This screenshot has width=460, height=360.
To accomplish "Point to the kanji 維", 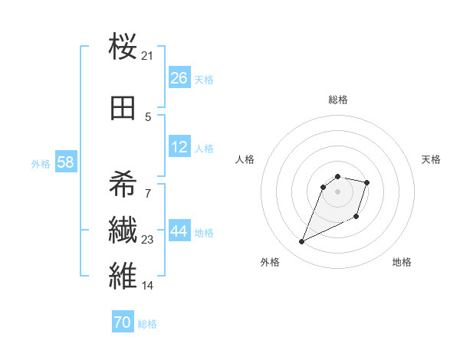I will [123, 275].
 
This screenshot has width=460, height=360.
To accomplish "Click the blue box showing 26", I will [179, 78].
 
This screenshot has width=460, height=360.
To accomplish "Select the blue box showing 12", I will [179, 147].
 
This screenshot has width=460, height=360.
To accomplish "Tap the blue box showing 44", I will [179, 231].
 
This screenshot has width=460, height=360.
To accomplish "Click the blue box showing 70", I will [122, 322].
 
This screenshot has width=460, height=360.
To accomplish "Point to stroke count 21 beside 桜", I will [147, 55].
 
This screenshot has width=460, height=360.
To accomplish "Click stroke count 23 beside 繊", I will [147, 240].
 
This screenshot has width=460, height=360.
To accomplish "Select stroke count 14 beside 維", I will [147, 286].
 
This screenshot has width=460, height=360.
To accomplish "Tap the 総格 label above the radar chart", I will [337, 100].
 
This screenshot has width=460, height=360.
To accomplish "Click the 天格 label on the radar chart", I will [431, 159].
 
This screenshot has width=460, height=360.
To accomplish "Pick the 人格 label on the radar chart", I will [245, 159].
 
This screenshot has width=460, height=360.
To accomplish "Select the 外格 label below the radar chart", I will [269, 262].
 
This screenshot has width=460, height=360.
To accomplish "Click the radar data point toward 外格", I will [302, 242].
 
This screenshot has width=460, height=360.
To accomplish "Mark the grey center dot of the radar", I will [337, 191].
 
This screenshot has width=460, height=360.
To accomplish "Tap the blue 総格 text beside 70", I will [147, 324].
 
